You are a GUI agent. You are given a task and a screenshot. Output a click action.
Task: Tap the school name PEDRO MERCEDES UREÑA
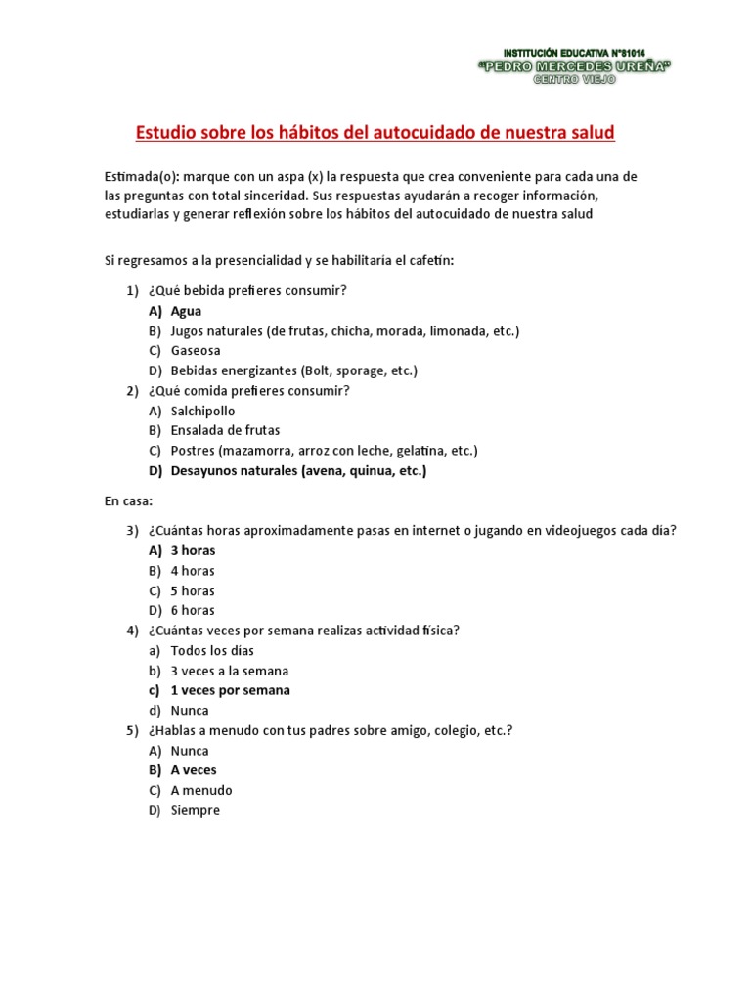tap(574, 65)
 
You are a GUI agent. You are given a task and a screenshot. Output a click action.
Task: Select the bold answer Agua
tap(186, 311)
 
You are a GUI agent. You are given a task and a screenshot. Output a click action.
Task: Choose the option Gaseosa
tap(196, 350)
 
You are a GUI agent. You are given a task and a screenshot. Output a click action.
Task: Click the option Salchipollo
tap(202, 411)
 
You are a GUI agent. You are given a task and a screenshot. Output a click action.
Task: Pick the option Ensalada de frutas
tap(225, 430)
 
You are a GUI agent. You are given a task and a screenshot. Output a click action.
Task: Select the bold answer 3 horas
tap(193, 550)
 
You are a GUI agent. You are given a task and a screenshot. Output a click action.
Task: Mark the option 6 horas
tap(193, 610)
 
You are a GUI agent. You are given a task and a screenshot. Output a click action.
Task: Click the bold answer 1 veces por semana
tap(230, 690)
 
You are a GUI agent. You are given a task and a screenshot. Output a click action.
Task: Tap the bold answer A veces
tap(194, 770)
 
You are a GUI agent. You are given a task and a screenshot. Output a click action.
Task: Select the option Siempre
tap(195, 810)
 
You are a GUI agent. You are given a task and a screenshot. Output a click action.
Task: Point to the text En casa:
tap(128, 500)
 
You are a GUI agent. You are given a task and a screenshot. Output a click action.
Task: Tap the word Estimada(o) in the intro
tap(142, 176)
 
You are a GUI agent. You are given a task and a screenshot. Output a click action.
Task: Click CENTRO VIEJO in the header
tap(574, 79)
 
